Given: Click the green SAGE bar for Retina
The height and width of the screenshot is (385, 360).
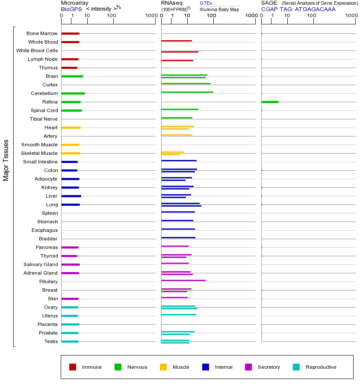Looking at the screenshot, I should pyautogui.click(x=270, y=102).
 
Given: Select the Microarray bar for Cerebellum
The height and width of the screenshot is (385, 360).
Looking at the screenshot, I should pyautogui.click(x=73, y=93).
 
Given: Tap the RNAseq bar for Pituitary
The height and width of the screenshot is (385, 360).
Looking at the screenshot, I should pyautogui.click(x=183, y=280).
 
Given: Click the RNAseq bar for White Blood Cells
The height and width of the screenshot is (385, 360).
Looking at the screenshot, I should pyautogui.click(x=180, y=52).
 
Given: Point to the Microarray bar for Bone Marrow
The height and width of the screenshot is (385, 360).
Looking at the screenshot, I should pyautogui.click(x=70, y=33).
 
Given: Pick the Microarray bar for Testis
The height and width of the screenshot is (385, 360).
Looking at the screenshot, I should pyautogui.click(x=70, y=341).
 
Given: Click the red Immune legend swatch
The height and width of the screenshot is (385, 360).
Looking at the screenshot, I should pyautogui.click(x=73, y=367).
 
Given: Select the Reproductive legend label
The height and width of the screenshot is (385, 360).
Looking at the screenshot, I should pyautogui.click(x=321, y=367).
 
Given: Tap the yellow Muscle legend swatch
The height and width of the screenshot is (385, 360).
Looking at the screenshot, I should pyautogui.click(x=163, y=367).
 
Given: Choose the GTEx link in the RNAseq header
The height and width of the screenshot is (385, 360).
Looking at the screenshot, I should pyautogui.click(x=206, y=3).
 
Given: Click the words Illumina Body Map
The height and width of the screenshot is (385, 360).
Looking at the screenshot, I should pyautogui.click(x=219, y=9).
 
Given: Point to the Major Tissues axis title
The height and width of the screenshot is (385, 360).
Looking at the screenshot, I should pyautogui.click(x=6, y=160).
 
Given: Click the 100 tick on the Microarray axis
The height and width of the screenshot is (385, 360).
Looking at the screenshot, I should pyautogui.click(x=111, y=16).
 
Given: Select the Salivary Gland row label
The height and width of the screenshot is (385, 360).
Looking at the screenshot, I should pyautogui.click(x=41, y=264).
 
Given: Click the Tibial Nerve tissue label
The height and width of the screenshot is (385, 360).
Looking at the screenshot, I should pyautogui.click(x=44, y=119).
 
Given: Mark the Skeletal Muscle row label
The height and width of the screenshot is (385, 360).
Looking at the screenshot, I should pyautogui.click(x=39, y=153).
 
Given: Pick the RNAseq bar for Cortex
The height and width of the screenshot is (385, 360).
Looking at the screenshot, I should pyautogui.click(x=186, y=83).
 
